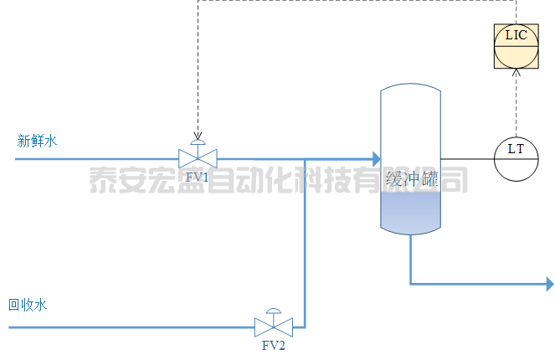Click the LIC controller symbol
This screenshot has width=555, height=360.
coord(516,45)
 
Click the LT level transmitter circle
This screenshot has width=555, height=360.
coord(516,158)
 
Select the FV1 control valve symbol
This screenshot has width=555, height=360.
coord(198,157)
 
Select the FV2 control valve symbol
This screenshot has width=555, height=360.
coord(274,326)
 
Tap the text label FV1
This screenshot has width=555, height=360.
coord(198,177)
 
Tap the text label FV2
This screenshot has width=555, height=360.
coord(274,346)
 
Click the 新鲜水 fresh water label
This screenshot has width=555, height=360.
coord(38,141)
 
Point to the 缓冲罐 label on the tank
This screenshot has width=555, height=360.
coord(411,178)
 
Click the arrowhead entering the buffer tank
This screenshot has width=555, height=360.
coord(374,157)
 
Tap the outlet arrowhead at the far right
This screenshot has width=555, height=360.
coord(549,285)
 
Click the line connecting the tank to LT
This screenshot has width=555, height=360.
coord(466,158)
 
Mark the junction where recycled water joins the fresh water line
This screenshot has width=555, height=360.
coord(306,157)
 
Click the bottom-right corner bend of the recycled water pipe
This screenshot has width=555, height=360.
coord(306,326)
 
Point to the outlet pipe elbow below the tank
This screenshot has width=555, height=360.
coord(411,285)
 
